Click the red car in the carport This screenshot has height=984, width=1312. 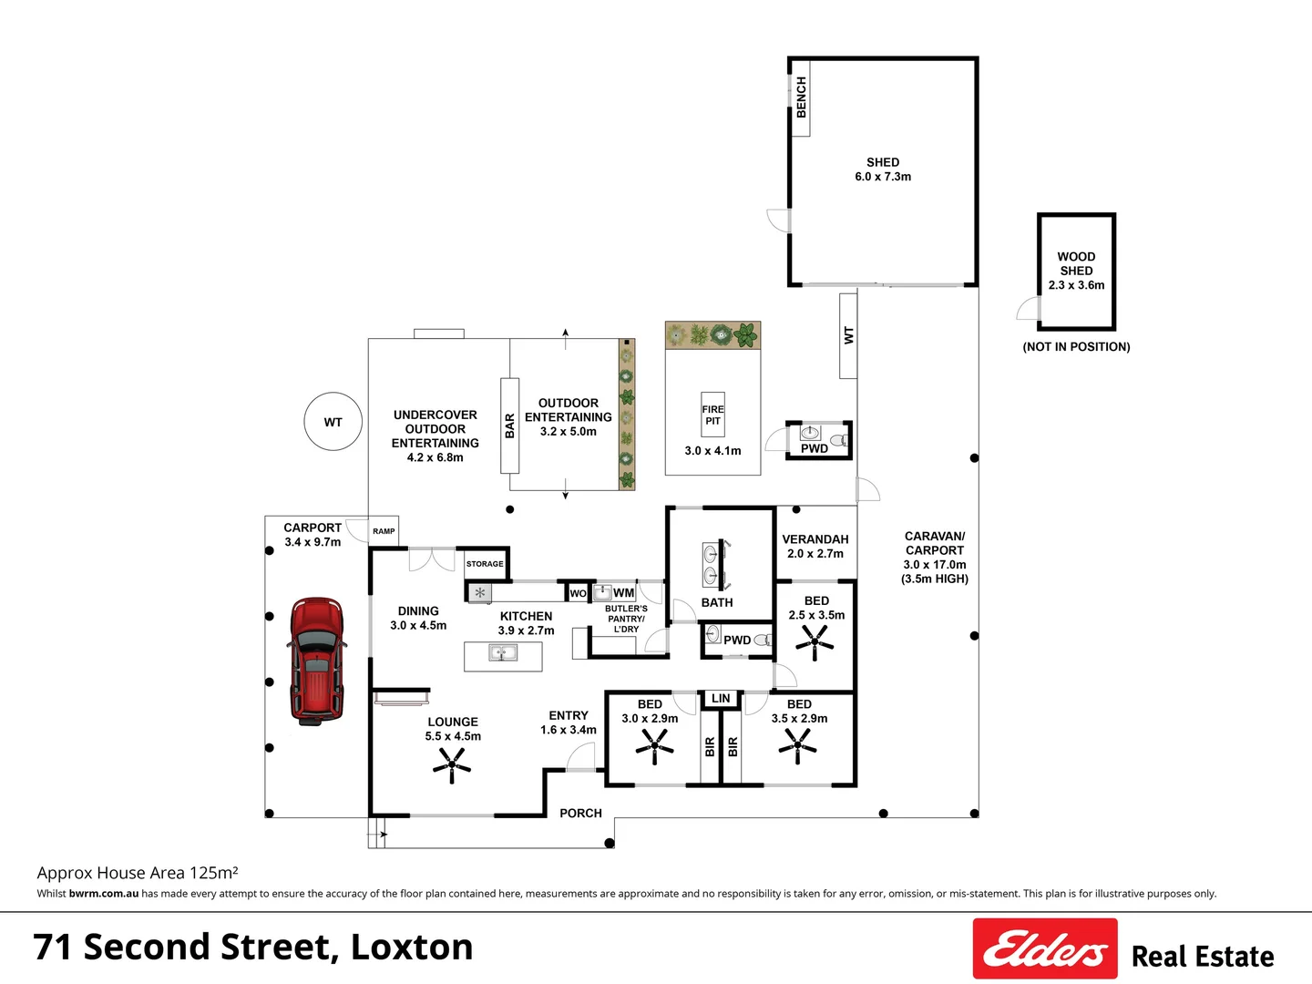point(317,661)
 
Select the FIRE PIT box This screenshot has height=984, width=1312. point(712,415)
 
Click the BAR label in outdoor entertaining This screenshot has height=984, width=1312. point(510,426)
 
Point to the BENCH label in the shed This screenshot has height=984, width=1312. point(801,97)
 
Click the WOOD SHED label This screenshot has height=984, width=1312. point(1076,263)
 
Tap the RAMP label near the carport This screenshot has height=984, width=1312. point(384,531)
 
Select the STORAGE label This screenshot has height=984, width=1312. point(485,563)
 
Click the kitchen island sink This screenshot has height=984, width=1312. point(503,651)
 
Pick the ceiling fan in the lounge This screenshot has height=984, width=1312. point(452,764)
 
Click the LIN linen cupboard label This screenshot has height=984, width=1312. point(721,698)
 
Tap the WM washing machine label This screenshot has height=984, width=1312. point(623,592)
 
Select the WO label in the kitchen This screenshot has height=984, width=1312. point(578,593)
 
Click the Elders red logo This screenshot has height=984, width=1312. point(1045,948)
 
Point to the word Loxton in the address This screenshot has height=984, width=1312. point(412,947)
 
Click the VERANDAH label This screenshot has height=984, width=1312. point(815,538)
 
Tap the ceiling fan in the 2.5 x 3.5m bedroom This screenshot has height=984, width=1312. point(815,642)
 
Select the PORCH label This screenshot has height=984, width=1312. point(580,813)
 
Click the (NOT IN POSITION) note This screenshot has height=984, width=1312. point(1076,346)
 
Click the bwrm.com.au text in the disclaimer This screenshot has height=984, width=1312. point(103,894)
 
